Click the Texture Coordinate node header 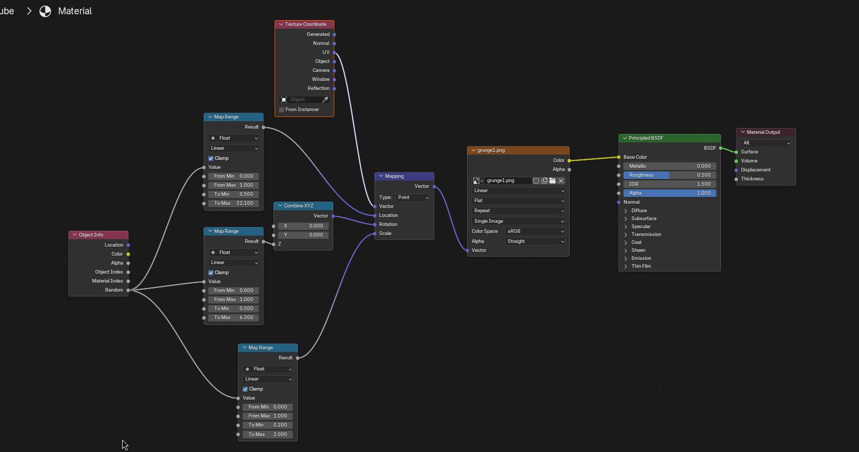coord(304,24)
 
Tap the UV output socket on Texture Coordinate coord(334,52)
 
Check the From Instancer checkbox coord(282,110)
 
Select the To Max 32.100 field coord(234,203)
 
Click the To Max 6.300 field coord(234,318)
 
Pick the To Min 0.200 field coord(268,425)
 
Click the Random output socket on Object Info coord(128,291)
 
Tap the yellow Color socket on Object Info coord(128,254)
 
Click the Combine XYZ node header coord(303,206)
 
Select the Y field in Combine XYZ coord(303,235)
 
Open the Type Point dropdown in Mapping coord(413,197)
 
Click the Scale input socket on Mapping coord(374,233)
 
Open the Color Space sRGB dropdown coord(535,231)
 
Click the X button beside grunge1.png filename coord(561,180)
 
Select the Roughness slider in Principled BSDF coord(670,175)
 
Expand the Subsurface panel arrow coord(626,219)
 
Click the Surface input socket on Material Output coord(736,152)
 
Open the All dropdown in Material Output coord(766,143)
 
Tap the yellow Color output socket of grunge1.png coord(569,160)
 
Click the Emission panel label coord(641,258)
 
